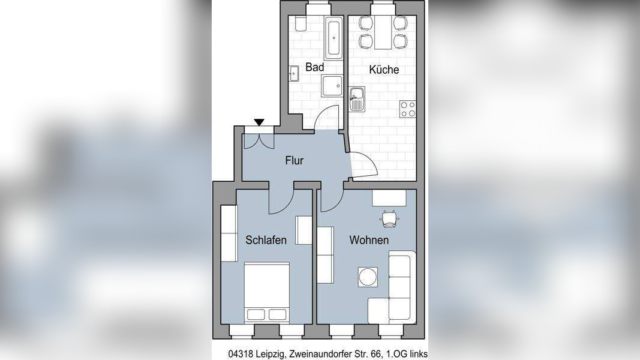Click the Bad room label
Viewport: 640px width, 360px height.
pos(314,67)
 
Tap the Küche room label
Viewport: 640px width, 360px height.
pos(384,70)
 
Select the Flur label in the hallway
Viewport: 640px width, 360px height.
pos(294,160)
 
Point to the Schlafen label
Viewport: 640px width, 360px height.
pos(266,240)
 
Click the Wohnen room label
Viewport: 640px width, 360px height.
pos(369,240)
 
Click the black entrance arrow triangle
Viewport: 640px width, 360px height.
pos(259,123)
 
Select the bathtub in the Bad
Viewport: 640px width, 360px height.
pos(333,38)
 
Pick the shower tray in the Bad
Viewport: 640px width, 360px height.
pos(332,86)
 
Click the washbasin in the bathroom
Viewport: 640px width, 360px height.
pos(294,74)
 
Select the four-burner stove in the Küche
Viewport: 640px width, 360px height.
pos(408,109)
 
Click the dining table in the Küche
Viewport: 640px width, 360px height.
pos(382,33)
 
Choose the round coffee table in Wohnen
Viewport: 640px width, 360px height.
pos(367,277)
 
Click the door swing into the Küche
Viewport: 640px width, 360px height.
pos(362,164)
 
